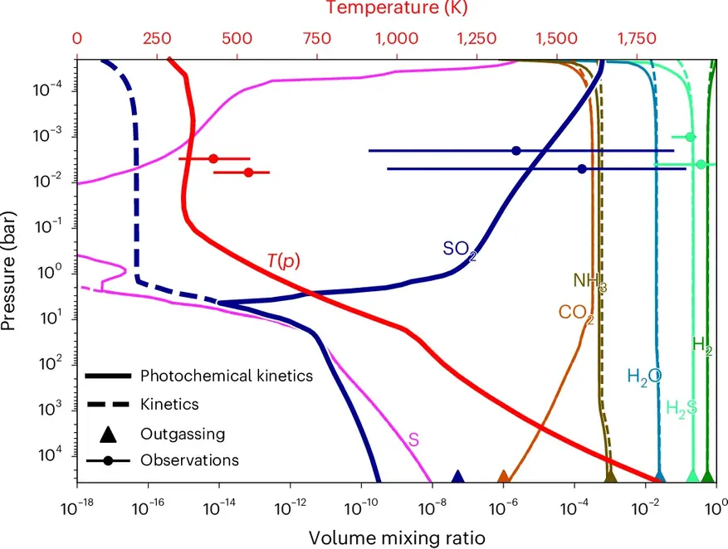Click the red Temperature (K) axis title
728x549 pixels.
pos(397,9)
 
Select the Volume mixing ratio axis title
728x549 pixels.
pos(397,537)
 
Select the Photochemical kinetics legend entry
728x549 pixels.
pos(226,377)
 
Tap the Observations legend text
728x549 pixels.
pos(190,459)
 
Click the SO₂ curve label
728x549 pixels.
pos(459,248)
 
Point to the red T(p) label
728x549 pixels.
pos(282,261)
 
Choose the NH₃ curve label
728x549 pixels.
pos(589,282)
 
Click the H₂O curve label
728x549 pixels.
pos(644,377)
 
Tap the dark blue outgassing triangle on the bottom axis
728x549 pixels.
pos(457,477)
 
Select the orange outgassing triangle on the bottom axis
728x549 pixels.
pos(503,477)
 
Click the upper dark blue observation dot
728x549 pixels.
pos(516,151)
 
